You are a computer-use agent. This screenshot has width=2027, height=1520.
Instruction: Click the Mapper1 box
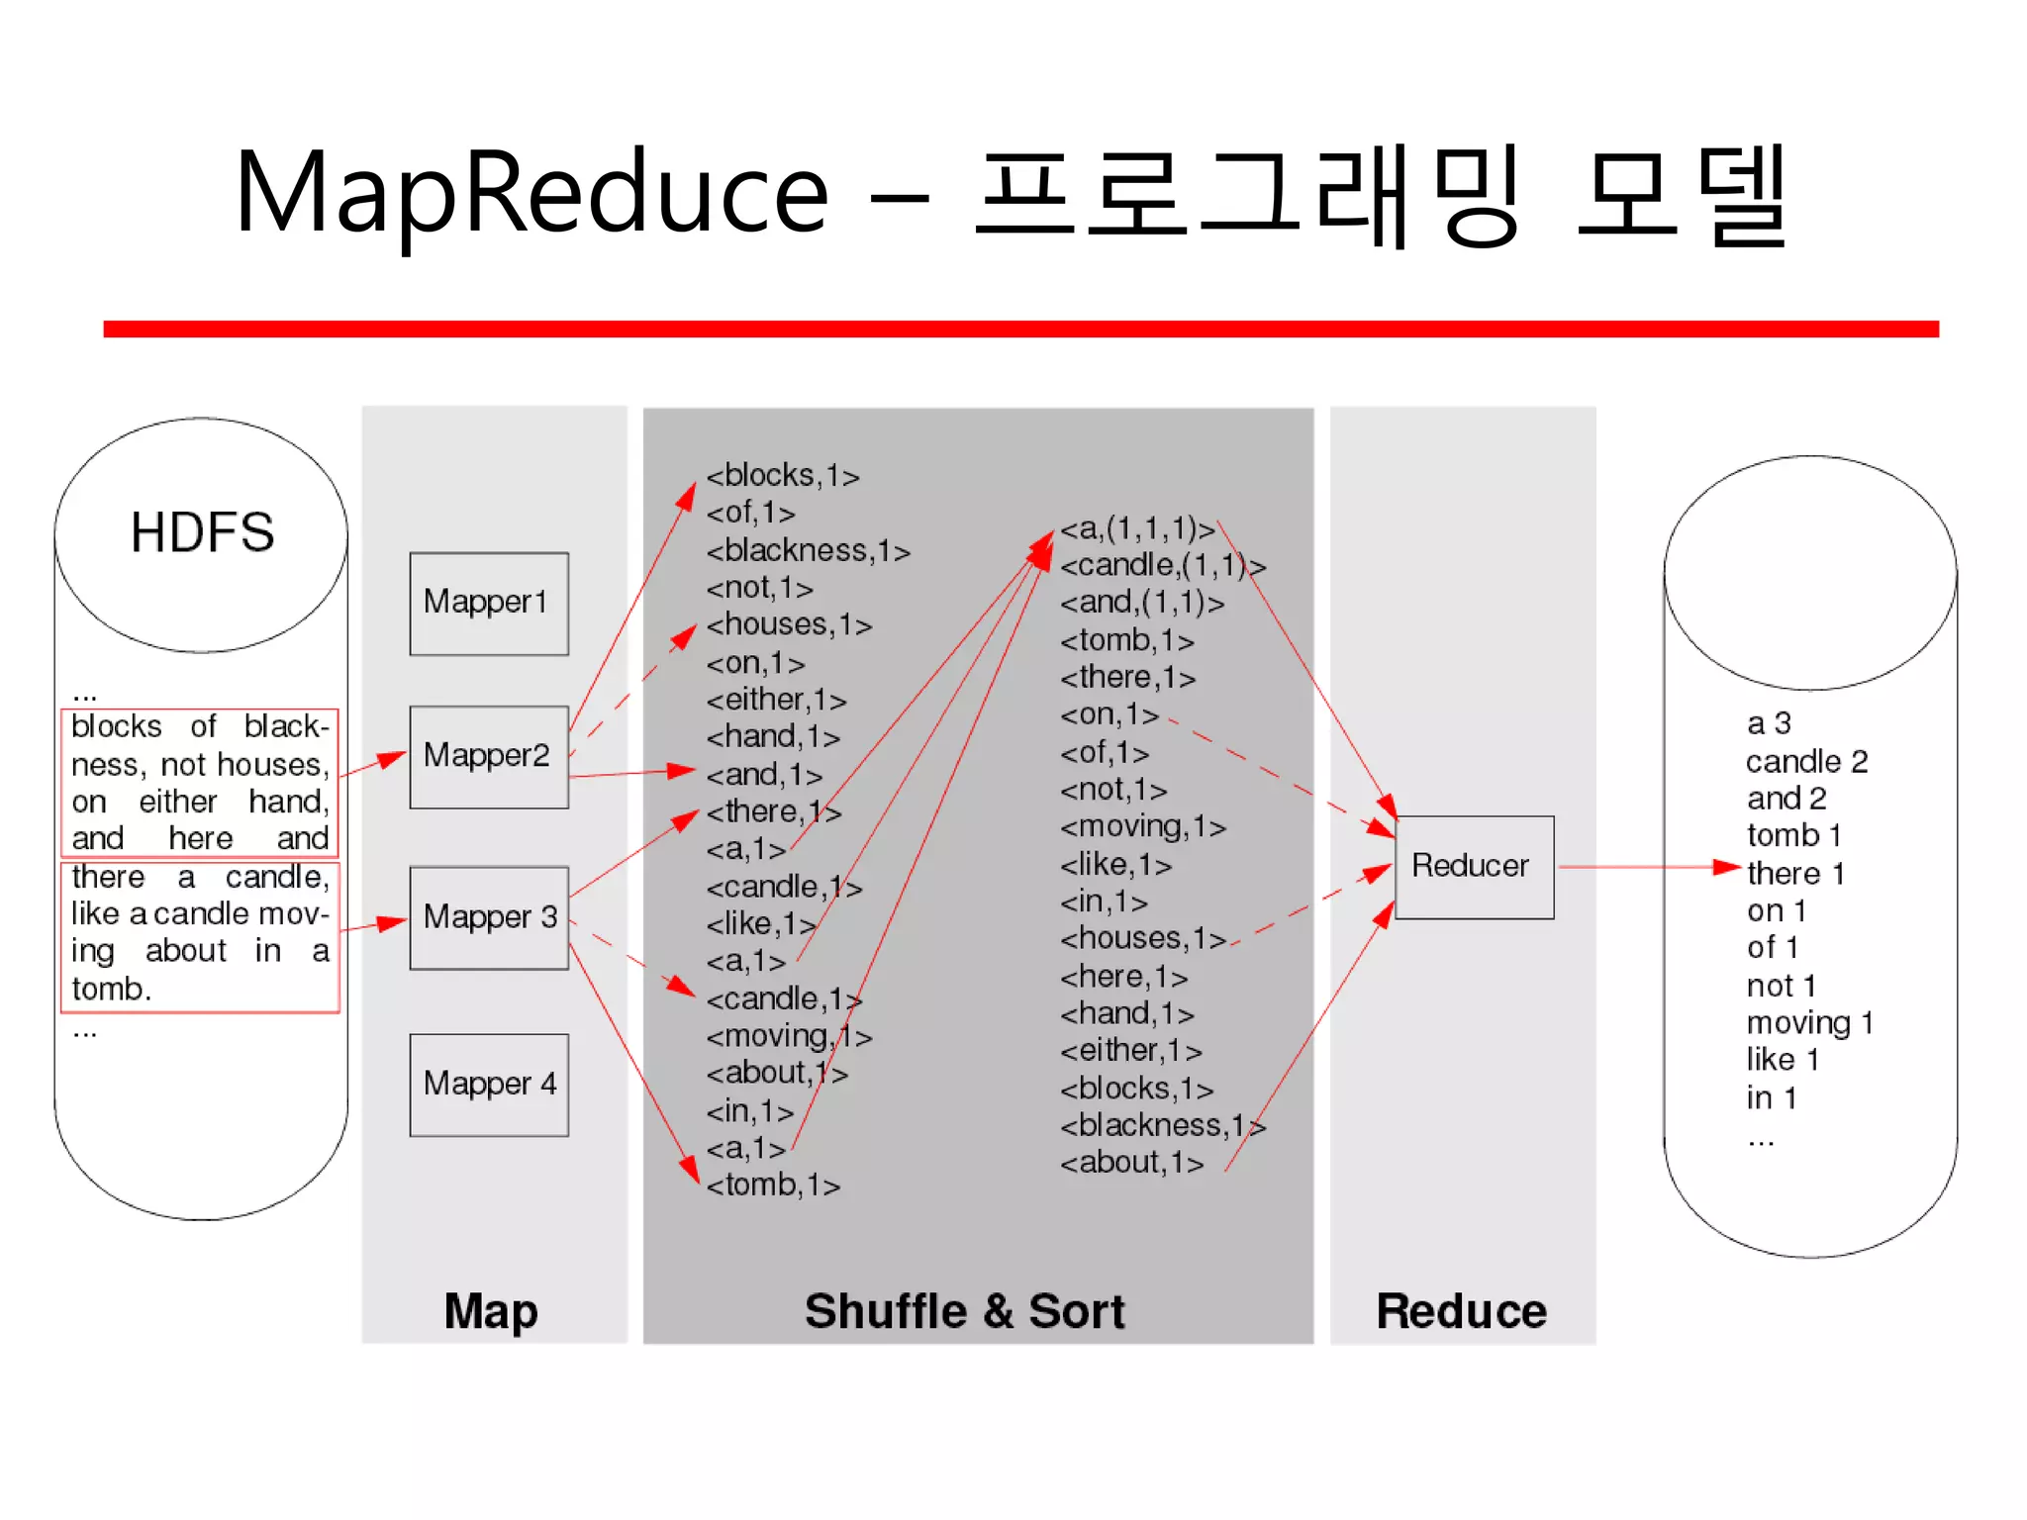[x=489, y=603]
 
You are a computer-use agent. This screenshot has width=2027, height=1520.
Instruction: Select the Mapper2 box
[x=489, y=756]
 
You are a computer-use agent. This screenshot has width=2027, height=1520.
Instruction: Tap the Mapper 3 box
[x=489, y=917]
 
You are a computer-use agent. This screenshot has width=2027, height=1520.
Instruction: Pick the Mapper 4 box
[x=489, y=1085]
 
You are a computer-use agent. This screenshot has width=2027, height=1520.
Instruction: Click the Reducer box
[x=1474, y=866]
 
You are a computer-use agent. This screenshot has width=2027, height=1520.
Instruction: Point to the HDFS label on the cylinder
[x=202, y=532]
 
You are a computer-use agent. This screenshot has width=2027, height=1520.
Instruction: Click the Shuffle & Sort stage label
[x=965, y=1311]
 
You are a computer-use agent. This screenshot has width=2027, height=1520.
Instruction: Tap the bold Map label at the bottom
[x=491, y=1311]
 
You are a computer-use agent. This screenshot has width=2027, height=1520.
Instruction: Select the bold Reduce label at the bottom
[x=1461, y=1311]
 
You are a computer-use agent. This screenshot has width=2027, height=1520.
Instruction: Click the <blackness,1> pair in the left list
[x=808, y=550]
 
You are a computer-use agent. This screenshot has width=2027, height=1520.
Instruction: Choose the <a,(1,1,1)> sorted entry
[x=1137, y=528]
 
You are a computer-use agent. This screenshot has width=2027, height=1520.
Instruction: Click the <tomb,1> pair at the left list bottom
[x=773, y=1185]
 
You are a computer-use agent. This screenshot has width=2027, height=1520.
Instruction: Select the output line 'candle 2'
[x=1806, y=761]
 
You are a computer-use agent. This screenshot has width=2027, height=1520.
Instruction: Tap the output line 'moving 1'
[x=1809, y=1022]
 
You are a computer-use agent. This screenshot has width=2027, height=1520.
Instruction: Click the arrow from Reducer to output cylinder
[x=1643, y=867]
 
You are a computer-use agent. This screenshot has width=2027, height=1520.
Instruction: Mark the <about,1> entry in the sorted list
[x=1131, y=1163]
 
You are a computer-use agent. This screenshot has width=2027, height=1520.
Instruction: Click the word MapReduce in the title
[x=531, y=193]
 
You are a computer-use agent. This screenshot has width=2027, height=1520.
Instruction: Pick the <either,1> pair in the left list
[x=776, y=700]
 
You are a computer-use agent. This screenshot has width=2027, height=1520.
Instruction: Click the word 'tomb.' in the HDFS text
[x=111, y=989]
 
